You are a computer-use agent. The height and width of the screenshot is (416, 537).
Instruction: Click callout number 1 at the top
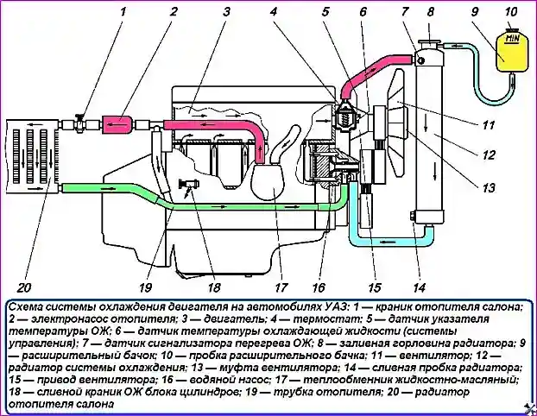123,12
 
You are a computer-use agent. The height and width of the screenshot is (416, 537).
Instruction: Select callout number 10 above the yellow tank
510,12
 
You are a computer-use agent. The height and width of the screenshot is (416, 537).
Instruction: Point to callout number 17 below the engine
279,287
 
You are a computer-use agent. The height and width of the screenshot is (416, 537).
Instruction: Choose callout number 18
213,287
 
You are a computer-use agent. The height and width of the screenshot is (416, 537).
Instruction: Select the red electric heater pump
114,125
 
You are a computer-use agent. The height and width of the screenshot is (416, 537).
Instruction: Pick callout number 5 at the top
325,12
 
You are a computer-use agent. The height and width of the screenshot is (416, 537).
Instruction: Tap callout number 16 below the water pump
319,287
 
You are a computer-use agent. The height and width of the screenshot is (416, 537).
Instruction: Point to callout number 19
144,287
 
